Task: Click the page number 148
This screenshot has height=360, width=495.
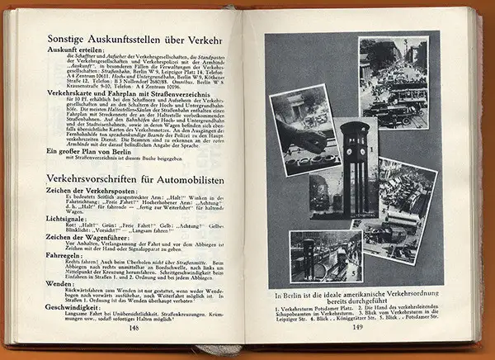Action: click(135, 326)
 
